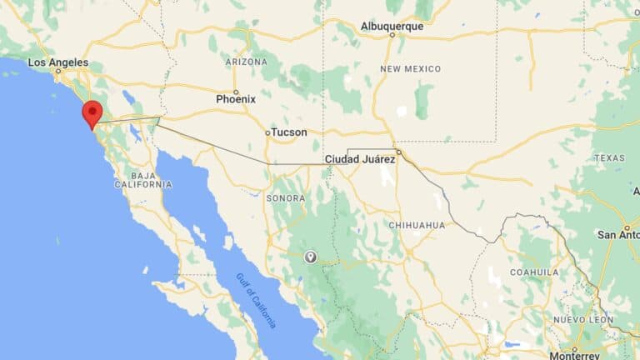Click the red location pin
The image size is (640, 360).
click(92, 112)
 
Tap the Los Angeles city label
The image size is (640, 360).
click(57, 62)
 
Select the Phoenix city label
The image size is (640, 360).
click(236, 99)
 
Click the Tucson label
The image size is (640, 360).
click(289, 132)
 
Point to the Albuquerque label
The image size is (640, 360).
click(392, 27)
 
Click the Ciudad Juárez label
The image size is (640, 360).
click(359, 158)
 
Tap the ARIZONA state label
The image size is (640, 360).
click(246, 62)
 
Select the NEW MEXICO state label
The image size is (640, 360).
click(411, 68)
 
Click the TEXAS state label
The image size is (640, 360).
click(609, 158)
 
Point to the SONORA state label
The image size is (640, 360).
click(286, 198)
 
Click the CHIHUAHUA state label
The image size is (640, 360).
click(417, 225)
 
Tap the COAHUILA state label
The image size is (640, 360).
click(534, 272)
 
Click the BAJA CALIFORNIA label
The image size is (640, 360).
click(142, 179)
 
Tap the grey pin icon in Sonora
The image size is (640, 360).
click(311, 257)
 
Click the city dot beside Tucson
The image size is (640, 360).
click(267, 132)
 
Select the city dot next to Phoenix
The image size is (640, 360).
click(236, 91)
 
